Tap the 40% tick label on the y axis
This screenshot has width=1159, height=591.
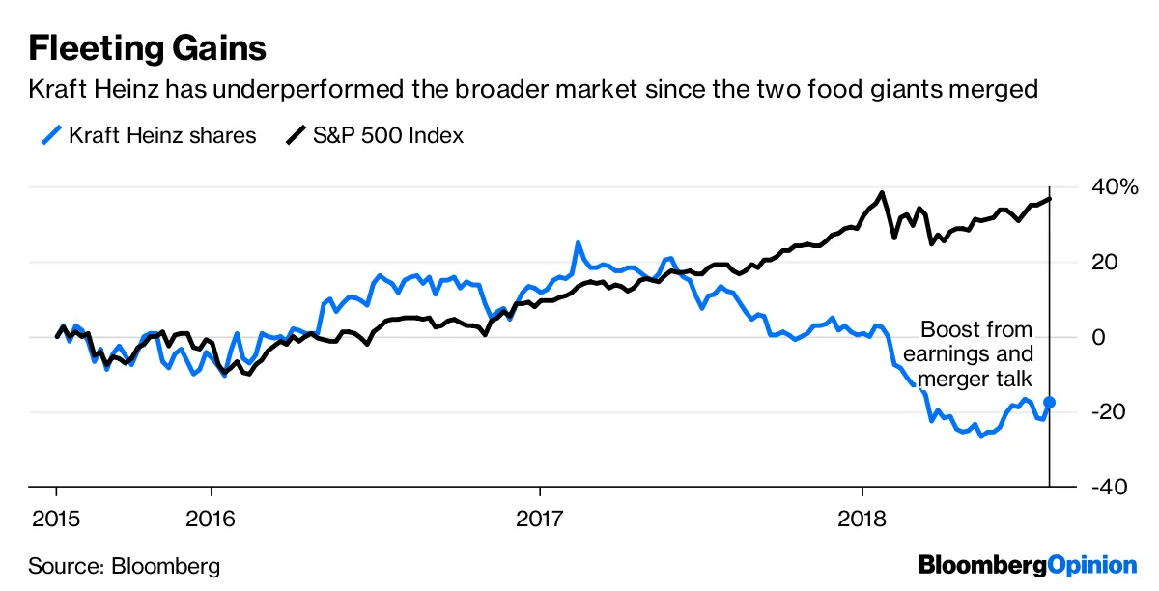1115,186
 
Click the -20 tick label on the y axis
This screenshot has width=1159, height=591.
1107,412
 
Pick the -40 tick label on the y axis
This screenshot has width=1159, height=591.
1107,487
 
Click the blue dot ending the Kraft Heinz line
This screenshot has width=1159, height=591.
1049,402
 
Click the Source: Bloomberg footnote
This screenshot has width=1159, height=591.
124,566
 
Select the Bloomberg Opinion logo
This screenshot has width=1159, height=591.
1028,565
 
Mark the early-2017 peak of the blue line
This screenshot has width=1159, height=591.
578,243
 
